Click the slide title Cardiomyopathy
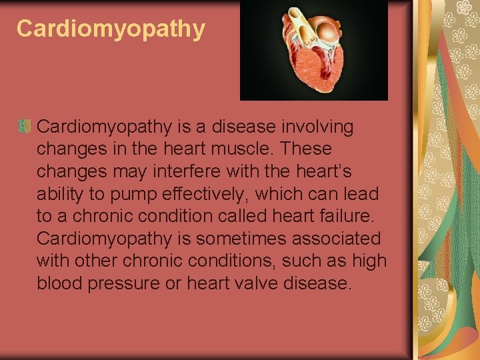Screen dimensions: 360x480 (111, 29)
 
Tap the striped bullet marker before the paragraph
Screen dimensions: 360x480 (25, 126)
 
